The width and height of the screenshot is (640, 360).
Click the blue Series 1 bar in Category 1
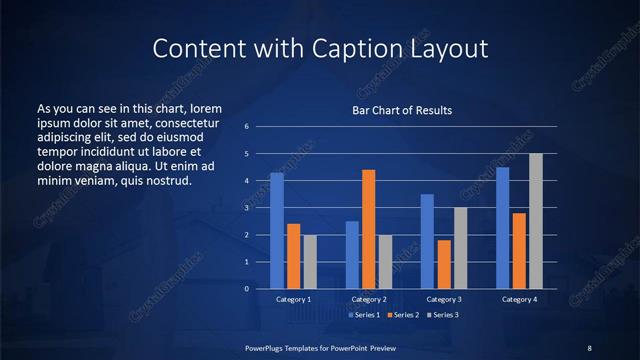tap(277, 231)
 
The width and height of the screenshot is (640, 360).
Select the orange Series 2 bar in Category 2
tap(369, 229)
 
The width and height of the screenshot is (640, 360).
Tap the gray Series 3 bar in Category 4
tap(536, 221)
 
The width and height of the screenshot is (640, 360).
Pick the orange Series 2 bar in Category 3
tap(444, 264)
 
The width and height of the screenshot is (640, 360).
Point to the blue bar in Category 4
tap(502, 228)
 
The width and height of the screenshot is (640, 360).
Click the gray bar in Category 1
tap(310, 262)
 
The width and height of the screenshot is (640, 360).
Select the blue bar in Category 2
tap(352, 255)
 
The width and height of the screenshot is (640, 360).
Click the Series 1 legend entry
tap(364, 315)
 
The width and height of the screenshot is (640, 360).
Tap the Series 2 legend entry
tap(402, 315)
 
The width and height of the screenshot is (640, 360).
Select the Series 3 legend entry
tap(441, 315)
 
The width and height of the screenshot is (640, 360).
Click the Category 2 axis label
tap(369, 299)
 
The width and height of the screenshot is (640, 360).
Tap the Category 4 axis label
tap(519, 299)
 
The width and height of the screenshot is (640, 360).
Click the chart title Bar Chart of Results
tap(401, 110)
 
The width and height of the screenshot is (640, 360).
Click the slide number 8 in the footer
tap(589, 347)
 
